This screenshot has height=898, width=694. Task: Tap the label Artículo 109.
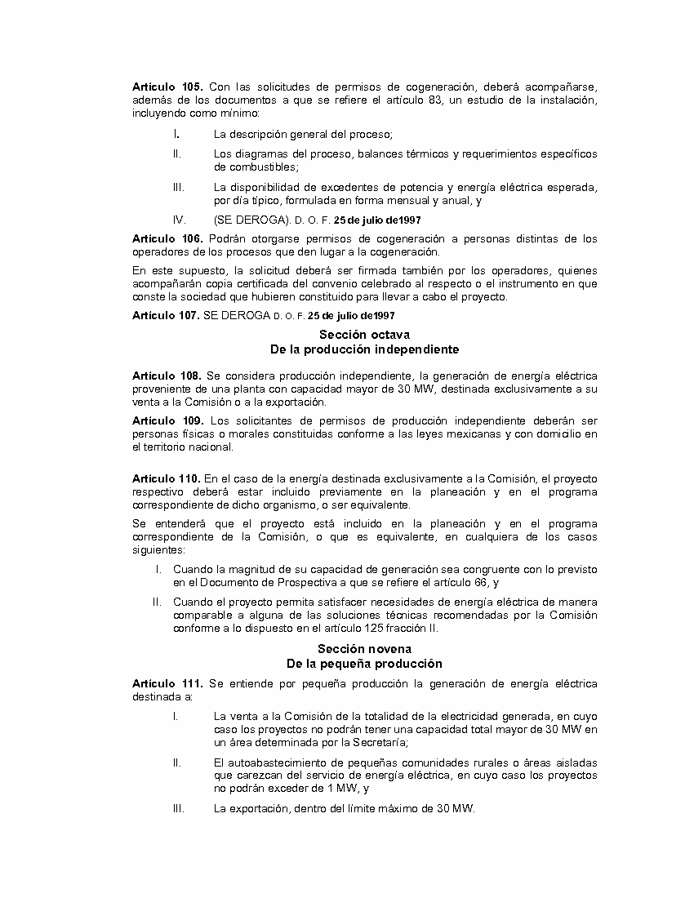click(167, 420)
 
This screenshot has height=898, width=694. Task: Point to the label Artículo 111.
click(167, 683)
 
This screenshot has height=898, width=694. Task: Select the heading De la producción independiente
click(364, 349)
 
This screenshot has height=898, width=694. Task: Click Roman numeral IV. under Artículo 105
click(180, 220)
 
